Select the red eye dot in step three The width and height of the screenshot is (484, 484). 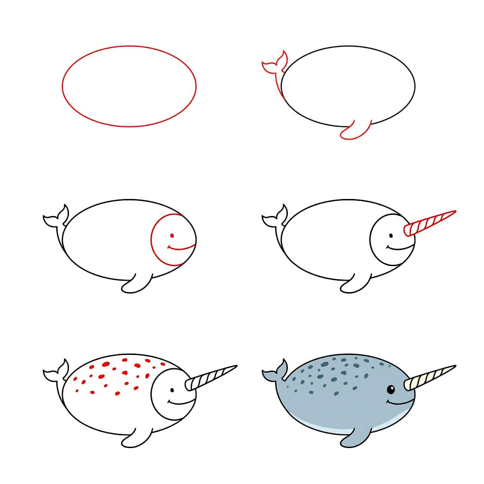172,235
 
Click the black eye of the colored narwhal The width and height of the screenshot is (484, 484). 391,389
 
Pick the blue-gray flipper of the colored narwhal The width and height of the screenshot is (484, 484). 355,437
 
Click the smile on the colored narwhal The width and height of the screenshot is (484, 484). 397,403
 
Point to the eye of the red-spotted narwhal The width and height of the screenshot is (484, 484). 172,389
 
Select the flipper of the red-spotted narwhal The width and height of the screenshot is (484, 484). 136,437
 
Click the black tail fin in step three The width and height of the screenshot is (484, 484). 56,218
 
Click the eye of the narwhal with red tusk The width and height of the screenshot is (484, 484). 390,235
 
